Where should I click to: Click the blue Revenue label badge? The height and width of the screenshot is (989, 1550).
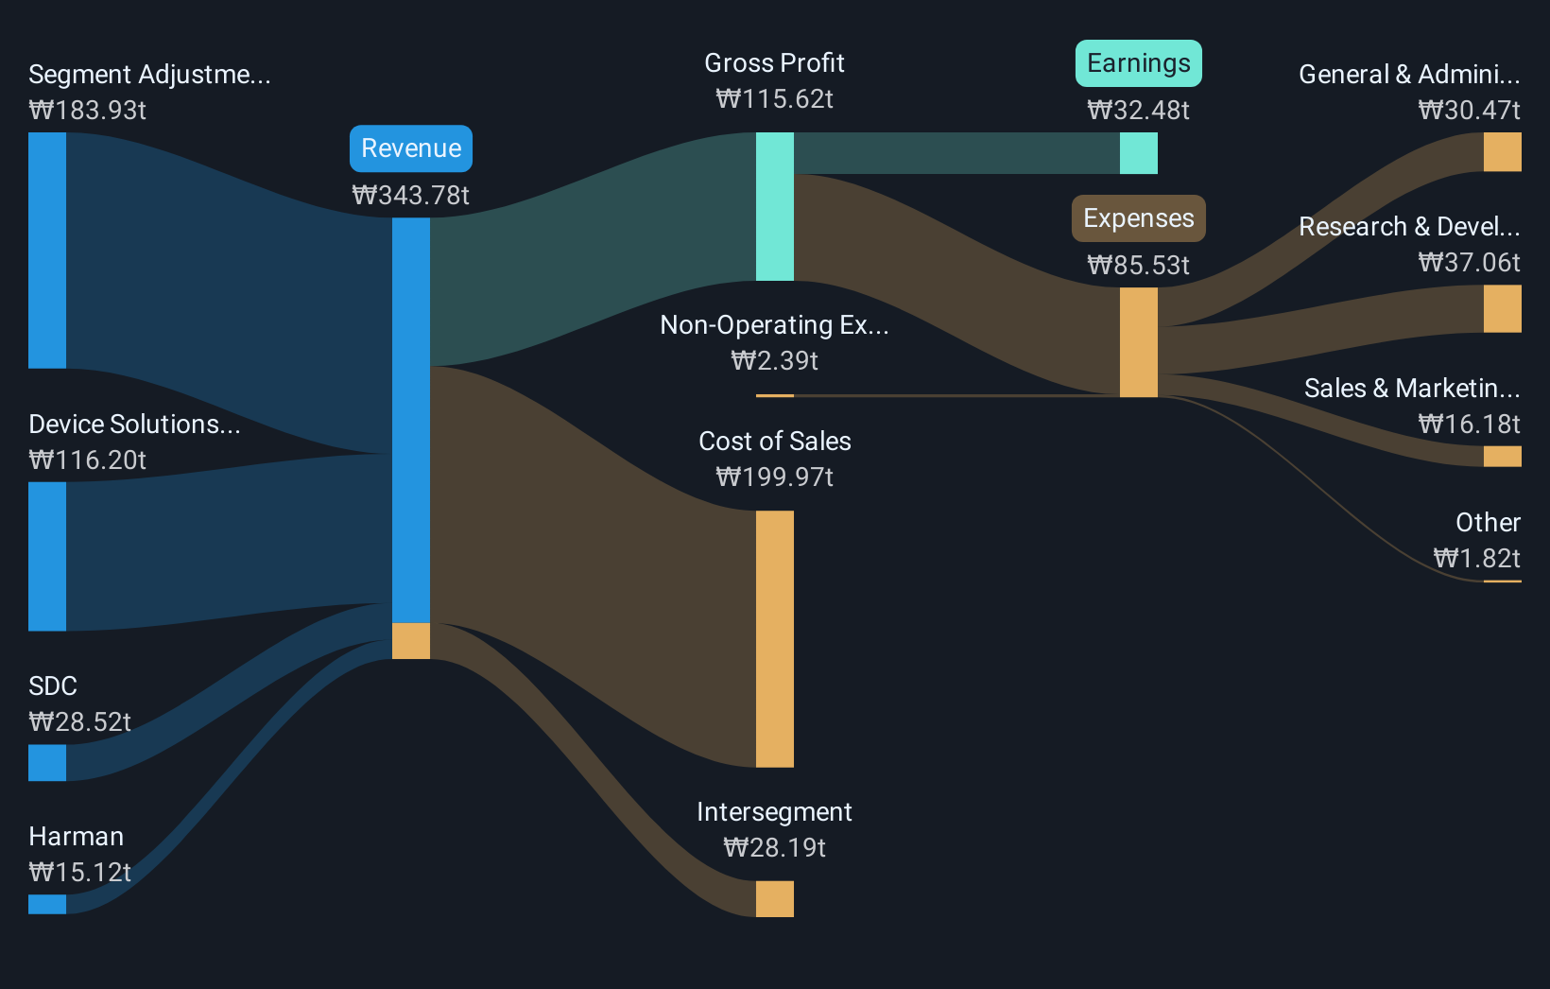(x=410, y=148)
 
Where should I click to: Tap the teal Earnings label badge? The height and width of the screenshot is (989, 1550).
(x=1138, y=63)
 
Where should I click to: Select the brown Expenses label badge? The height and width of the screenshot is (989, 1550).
(x=1138, y=218)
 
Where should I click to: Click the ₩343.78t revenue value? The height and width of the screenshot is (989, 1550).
(x=410, y=196)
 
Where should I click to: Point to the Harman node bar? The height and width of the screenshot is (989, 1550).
(x=47, y=904)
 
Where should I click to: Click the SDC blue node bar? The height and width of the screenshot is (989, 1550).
(x=47, y=762)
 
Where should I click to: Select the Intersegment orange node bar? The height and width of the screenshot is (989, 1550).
(x=774, y=898)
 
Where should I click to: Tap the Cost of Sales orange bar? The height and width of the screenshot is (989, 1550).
(x=774, y=638)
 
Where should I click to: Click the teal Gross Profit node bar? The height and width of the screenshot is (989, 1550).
(x=774, y=206)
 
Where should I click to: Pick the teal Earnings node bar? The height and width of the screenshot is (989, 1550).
(x=1138, y=153)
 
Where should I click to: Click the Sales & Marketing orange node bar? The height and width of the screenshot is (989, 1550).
(x=1502, y=457)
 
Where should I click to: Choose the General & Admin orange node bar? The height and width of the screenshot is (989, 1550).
(x=1502, y=151)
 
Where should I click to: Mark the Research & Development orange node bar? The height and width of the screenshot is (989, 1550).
(x=1502, y=309)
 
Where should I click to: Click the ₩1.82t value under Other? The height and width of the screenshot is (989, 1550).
(x=1476, y=559)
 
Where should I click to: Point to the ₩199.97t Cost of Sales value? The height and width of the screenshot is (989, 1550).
(x=774, y=477)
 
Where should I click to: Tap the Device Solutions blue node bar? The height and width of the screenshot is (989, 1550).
(x=47, y=556)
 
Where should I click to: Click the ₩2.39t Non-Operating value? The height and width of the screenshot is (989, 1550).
(x=774, y=361)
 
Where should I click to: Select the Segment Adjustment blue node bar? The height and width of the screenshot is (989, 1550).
(x=47, y=250)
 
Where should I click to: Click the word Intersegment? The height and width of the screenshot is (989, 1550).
(x=774, y=812)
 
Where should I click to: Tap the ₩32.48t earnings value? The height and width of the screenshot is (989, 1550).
(x=1138, y=111)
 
